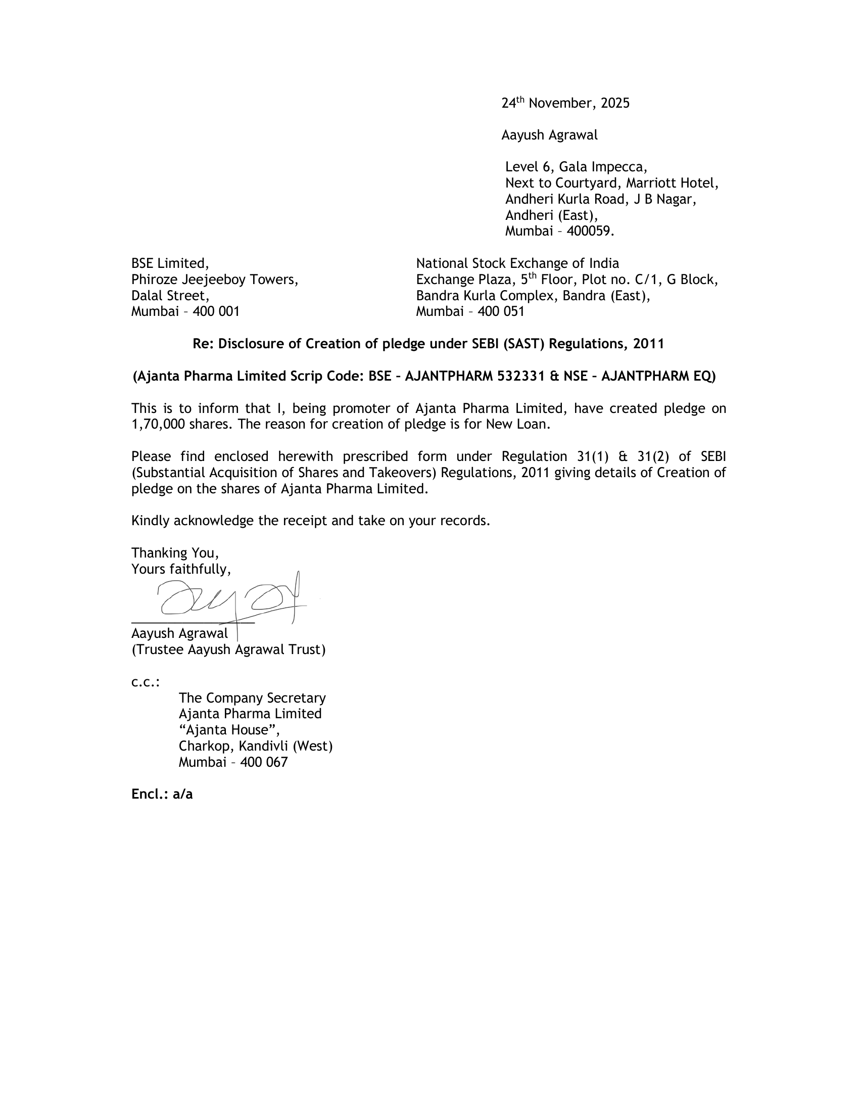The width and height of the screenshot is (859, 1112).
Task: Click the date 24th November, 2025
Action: click(x=565, y=103)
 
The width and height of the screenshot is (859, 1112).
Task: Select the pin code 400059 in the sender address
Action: click(x=590, y=231)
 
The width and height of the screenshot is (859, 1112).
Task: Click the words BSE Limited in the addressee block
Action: click(x=169, y=264)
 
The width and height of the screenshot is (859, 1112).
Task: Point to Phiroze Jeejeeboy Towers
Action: click(x=214, y=280)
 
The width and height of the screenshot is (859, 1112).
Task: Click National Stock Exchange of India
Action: click(x=517, y=264)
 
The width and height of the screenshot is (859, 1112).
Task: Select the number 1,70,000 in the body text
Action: click(x=158, y=425)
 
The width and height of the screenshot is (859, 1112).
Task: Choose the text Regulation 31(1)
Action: click(x=555, y=456)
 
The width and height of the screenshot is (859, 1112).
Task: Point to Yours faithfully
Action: click(x=181, y=569)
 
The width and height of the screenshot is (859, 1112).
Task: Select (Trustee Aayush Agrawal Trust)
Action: click(x=228, y=650)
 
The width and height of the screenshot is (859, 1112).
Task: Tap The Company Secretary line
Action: click(x=252, y=698)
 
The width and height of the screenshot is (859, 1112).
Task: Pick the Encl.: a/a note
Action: click(x=162, y=794)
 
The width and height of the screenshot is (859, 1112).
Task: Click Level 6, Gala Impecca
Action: click(x=576, y=167)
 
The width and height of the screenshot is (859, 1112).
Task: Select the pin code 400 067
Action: click(x=264, y=762)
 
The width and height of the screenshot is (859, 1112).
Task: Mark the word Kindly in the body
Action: click(x=151, y=521)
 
